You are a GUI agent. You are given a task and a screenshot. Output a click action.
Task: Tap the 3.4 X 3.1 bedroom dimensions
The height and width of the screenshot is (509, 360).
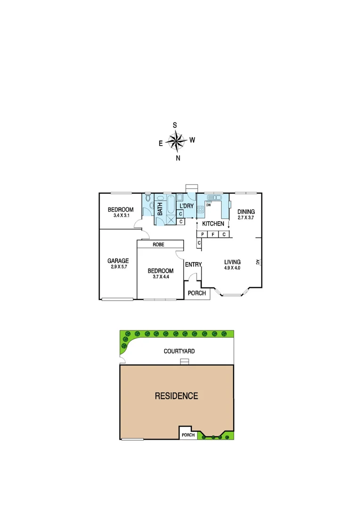(x=121, y=216)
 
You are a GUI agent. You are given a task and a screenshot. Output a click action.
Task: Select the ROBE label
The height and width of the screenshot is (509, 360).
(x=158, y=245)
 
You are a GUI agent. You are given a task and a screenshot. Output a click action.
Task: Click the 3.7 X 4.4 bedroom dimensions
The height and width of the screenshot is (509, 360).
(x=160, y=277)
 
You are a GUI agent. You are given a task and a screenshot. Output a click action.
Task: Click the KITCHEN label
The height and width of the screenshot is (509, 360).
(x=213, y=223)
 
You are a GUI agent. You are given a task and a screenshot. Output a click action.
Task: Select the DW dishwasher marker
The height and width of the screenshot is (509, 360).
(x=208, y=205)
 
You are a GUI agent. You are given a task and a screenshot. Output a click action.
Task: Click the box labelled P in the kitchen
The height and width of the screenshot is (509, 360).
(x=202, y=234)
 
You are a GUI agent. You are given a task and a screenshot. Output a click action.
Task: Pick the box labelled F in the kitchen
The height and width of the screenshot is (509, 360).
(x=213, y=234)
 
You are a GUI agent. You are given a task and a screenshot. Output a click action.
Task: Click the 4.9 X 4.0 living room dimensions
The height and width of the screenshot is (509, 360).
(x=232, y=268)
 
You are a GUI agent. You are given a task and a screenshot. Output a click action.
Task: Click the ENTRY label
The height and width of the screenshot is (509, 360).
(x=193, y=264)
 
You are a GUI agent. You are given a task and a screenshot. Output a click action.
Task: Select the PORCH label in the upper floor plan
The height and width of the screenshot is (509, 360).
(x=196, y=293)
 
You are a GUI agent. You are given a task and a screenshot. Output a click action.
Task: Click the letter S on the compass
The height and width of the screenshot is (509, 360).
(x=175, y=125)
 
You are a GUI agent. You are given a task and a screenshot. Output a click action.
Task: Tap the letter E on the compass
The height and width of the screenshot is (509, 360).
(x=161, y=144)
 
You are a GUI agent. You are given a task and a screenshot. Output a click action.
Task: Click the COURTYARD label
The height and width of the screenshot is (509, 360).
(x=179, y=351)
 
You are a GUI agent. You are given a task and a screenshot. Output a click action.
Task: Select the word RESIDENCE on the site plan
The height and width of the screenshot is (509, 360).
(x=176, y=396)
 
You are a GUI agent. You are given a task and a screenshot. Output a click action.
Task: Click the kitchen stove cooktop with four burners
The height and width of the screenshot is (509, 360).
(x=201, y=210)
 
